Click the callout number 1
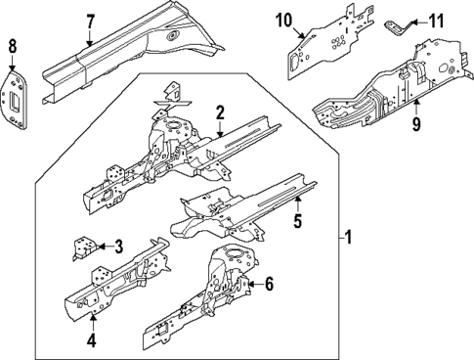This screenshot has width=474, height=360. click(350, 236)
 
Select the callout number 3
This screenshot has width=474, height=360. click(117, 247)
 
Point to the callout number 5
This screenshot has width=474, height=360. click(297, 222)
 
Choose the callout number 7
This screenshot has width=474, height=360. click(90, 22)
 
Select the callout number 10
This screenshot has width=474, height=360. click(284, 21)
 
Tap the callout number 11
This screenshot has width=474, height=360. click(436, 20)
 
